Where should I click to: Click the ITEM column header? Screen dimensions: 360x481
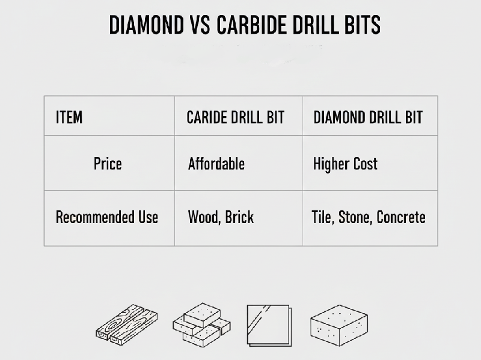click(x=69, y=117)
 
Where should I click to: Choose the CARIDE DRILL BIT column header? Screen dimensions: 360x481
click(x=235, y=117)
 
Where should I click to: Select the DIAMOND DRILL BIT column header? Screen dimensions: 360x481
click(x=368, y=117)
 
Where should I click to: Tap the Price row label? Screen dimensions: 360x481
click(x=108, y=163)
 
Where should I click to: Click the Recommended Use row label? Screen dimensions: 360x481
click(x=107, y=217)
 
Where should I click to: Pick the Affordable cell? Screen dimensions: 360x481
click(x=216, y=163)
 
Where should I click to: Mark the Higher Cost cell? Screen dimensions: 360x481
click(x=345, y=163)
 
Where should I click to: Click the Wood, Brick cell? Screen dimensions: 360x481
click(x=221, y=217)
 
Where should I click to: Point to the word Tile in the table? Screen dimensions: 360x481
click(x=322, y=217)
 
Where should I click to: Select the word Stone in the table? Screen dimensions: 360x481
click(x=355, y=217)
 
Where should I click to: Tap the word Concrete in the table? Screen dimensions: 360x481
click(x=401, y=217)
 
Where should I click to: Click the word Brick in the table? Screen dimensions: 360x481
click(x=239, y=217)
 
